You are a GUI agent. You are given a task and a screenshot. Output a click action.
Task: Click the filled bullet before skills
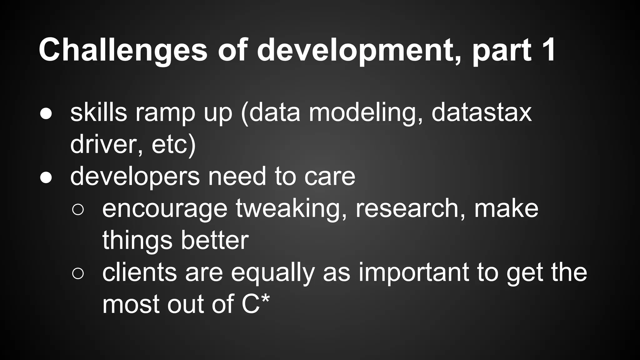(x=46, y=114)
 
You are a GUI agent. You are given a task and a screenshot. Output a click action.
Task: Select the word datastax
(x=481, y=112)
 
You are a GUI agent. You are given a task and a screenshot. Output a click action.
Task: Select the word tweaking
(x=291, y=209)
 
